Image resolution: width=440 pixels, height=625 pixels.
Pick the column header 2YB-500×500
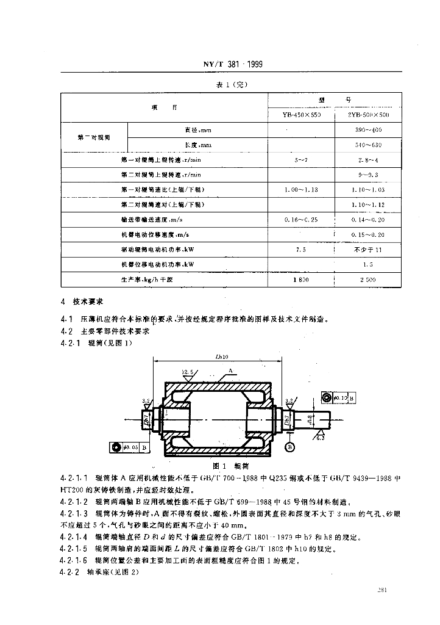(x=368, y=114)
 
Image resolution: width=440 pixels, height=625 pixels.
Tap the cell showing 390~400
(x=368, y=130)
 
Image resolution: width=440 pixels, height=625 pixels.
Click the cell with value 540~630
(x=368, y=145)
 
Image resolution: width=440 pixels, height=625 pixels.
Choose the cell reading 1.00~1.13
(x=301, y=190)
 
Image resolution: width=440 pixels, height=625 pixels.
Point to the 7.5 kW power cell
(x=301, y=250)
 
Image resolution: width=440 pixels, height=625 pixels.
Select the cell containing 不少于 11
(x=368, y=250)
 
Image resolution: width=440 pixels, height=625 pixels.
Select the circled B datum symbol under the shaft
(x=290, y=446)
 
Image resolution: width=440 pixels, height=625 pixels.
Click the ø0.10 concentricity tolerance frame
(x=337, y=398)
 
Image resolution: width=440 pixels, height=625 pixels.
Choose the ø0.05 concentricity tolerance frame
(x=129, y=447)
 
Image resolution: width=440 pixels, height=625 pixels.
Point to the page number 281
(x=383, y=590)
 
